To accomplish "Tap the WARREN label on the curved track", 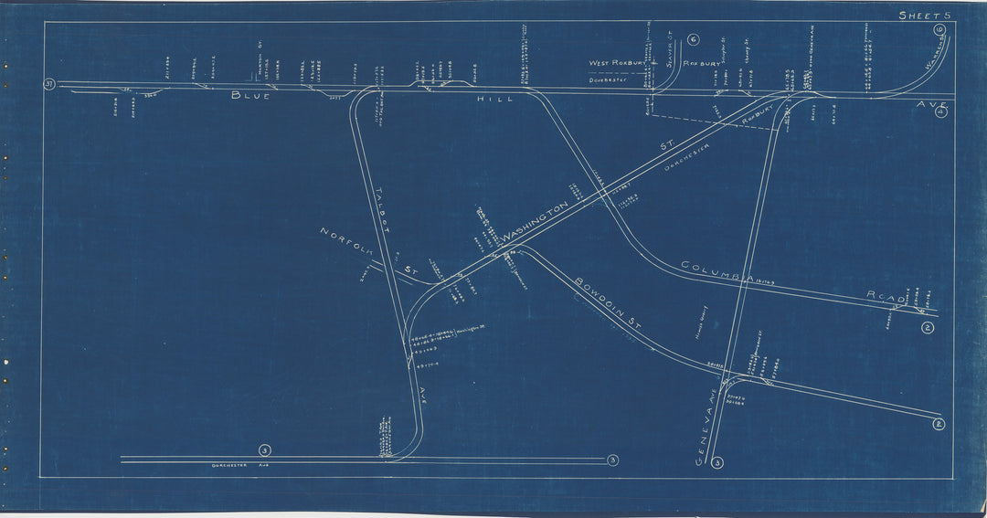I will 936,59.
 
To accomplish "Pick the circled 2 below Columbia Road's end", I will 928,328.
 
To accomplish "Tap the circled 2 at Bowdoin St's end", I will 938,422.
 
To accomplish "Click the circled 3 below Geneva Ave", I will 718,462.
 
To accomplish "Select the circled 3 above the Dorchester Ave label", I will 264,449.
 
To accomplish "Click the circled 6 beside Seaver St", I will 694,39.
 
